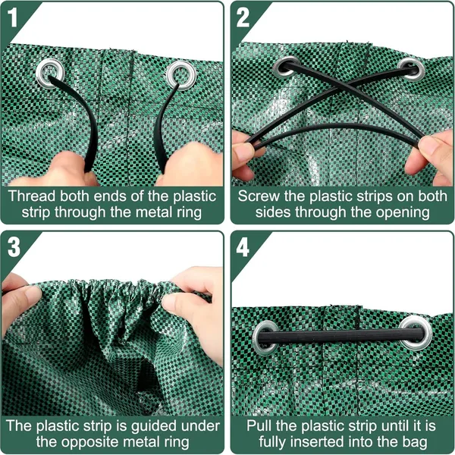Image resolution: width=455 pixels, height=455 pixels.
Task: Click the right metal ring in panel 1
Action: (179, 74)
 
